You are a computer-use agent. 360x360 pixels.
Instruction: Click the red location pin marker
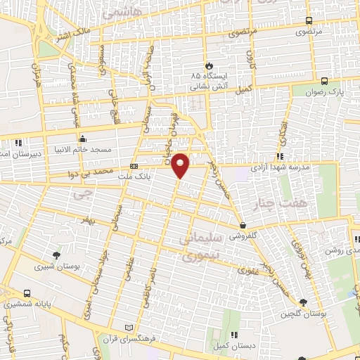[x=181, y=165]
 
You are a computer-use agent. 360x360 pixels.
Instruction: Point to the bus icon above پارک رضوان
[x=324, y=81]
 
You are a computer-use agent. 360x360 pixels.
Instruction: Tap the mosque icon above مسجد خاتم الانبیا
[x=82, y=138]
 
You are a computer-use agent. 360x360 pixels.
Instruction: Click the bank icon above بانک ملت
[x=134, y=167]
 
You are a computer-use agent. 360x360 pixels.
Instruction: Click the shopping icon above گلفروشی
[x=243, y=226]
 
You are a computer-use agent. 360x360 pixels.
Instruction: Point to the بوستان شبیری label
[x=57, y=266]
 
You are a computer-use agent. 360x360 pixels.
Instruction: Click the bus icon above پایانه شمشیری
[x=27, y=294]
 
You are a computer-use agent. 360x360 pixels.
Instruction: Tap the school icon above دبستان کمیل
[x=234, y=335]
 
